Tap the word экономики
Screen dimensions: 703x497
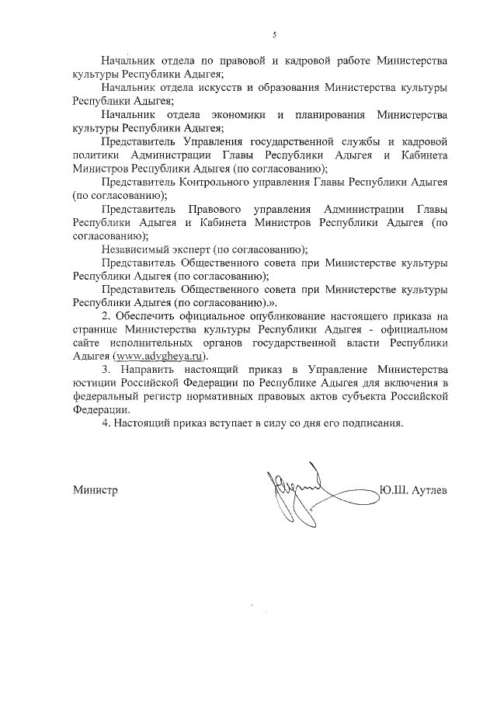click(237, 115)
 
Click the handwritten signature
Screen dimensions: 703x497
click(299, 491)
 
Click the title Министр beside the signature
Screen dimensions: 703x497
click(95, 492)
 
